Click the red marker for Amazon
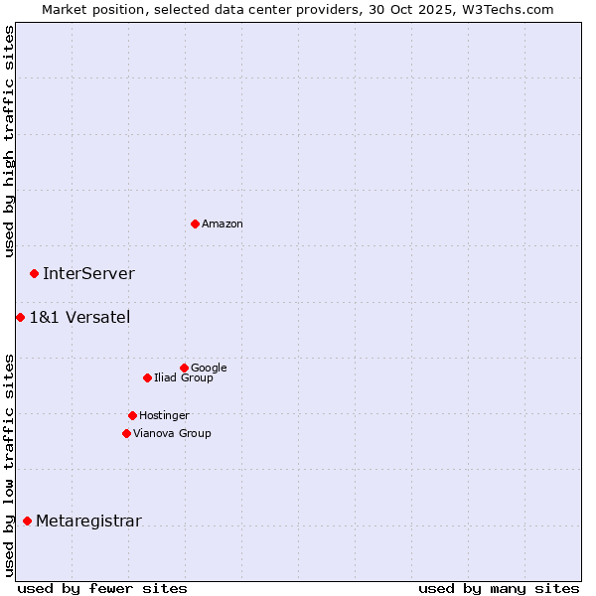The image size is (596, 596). pyautogui.click(x=195, y=223)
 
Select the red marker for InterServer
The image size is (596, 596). pyautogui.click(x=34, y=273)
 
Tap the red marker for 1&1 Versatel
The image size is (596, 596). pyautogui.click(x=20, y=317)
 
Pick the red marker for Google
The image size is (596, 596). pyautogui.click(x=184, y=368)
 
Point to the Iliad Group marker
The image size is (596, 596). pyautogui.click(x=147, y=377)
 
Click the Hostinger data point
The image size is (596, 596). pyautogui.click(x=132, y=415)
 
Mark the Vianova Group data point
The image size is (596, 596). pyautogui.click(x=126, y=433)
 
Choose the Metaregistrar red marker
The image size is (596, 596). pyautogui.click(x=27, y=521)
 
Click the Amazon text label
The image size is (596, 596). pyautogui.click(x=223, y=224)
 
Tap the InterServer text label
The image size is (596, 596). pyautogui.click(x=88, y=274)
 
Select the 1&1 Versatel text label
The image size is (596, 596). pyautogui.click(x=79, y=318)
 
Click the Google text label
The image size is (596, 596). pyautogui.click(x=209, y=369)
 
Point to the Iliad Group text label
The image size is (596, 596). pyautogui.click(x=184, y=378)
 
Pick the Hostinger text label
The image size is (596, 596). pyautogui.click(x=164, y=416)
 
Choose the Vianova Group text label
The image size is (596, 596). pyautogui.click(x=172, y=434)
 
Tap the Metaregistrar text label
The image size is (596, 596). pyautogui.click(x=88, y=521)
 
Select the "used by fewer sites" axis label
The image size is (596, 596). pyautogui.click(x=102, y=588)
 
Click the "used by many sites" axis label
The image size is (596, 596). pyautogui.click(x=499, y=588)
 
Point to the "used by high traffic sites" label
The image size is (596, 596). pyautogui.click(x=9, y=141)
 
